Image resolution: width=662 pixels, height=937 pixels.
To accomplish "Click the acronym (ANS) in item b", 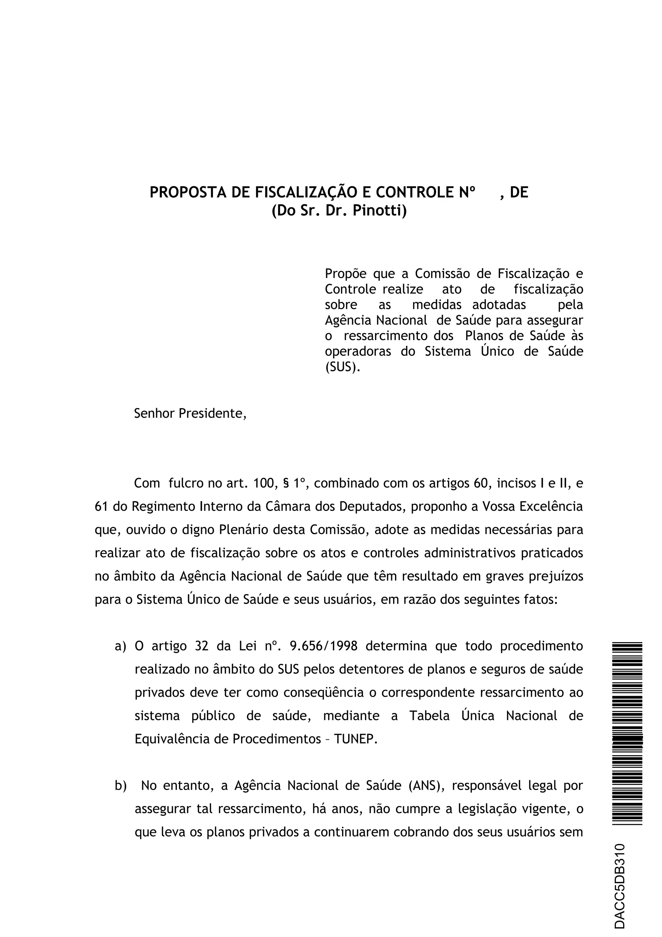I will click(427, 786).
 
